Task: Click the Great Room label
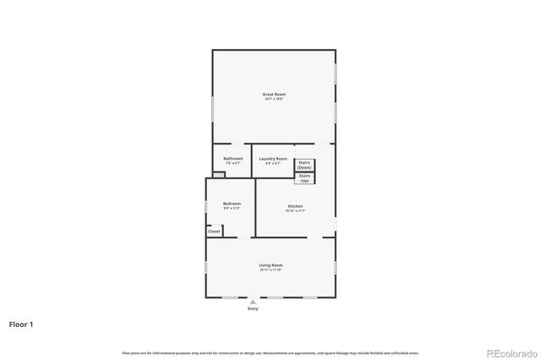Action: tap(273, 94)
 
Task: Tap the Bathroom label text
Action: tap(233, 159)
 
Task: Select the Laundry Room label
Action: tap(273, 159)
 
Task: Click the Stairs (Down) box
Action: tap(304, 165)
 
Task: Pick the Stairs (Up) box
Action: tap(304, 178)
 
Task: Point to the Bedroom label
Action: tap(232, 203)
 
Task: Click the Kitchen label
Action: tap(295, 206)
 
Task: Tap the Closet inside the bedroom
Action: tap(214, 231)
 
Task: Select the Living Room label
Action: tap(270, 265)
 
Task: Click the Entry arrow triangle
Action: tap(252, 301)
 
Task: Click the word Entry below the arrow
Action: tap(252, 308)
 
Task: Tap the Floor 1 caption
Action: tap(21, 324)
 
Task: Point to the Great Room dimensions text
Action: tap(273, 99)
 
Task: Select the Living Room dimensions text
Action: tap(270, 270)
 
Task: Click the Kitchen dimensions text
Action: tap(295, 211)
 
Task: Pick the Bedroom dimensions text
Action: tap(232, 208)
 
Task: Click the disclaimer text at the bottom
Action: tap(270, 352)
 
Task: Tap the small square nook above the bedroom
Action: tap(219, 175)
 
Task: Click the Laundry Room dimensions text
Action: tap(273, 164)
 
